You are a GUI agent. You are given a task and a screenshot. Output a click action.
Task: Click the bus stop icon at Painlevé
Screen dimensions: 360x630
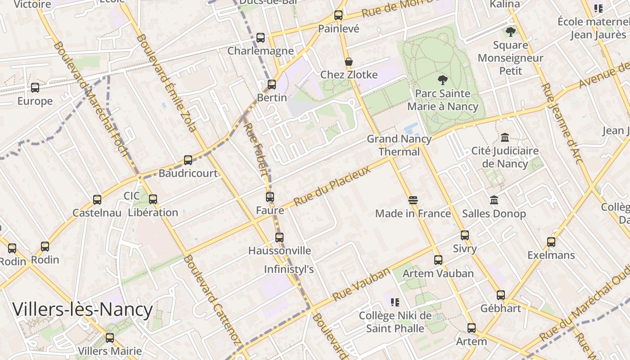(x=338, y=15)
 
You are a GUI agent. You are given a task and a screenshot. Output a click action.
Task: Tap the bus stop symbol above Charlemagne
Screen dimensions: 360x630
(x=261, y=38)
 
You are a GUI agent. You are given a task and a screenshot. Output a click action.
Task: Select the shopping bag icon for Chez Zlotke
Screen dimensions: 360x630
(x=348, y=62)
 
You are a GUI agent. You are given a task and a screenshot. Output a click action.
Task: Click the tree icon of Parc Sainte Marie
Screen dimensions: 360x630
(x=443, y=81)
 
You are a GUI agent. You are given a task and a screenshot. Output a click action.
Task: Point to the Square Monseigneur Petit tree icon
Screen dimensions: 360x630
(x=510, y=32)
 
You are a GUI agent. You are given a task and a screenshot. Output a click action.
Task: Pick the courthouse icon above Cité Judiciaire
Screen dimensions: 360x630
(x=505, y=137)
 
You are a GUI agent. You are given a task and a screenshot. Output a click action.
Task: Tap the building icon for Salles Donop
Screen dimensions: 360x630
(x=494, y=200)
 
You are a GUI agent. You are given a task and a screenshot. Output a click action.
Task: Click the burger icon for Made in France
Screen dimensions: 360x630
(x=413, y=200)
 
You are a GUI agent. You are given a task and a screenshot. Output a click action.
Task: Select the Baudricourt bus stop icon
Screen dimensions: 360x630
(x=188, y=160)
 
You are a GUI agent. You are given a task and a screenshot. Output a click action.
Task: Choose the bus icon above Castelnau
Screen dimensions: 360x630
(x=97, y=199)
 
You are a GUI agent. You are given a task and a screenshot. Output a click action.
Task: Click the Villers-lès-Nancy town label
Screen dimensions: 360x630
(x=83, y=310)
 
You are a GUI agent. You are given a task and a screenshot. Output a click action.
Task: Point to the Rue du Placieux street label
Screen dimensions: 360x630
(x=332, y=185)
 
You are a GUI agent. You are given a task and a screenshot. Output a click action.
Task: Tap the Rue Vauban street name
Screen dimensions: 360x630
(x=361, y=284)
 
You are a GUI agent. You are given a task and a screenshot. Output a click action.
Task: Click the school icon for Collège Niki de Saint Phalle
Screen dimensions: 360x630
(x=395, y=302)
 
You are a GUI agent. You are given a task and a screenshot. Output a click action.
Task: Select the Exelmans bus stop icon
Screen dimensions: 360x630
(x=551, y=242)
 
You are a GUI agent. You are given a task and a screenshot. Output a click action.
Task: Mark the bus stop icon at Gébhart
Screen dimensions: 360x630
(x=501, y=295)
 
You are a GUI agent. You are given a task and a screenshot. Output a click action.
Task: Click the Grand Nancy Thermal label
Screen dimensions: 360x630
(x=399, y=145)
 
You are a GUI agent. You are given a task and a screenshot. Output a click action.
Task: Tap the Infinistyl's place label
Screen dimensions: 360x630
(x=288, y=269)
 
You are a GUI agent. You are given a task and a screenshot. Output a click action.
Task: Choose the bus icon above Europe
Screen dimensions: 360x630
(x=35, y=88)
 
